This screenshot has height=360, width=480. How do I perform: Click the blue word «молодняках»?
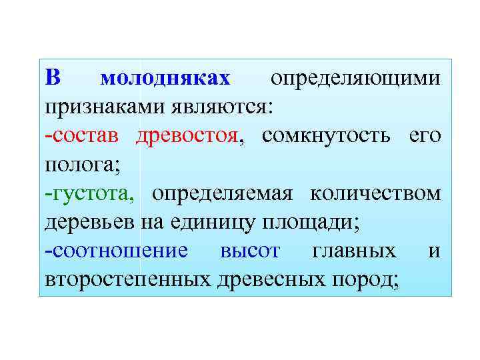[x=165, y=79]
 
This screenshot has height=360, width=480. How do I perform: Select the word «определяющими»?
[x=355, y=79]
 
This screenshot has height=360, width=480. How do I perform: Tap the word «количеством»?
[x=376, y=193]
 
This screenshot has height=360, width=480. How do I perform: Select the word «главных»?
[x=353, y=251]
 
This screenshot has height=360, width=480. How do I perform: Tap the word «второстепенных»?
[x=129, y=279]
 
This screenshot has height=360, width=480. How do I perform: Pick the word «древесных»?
[x=270, y=279]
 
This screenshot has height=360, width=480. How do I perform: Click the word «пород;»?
[x=366, y=279]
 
